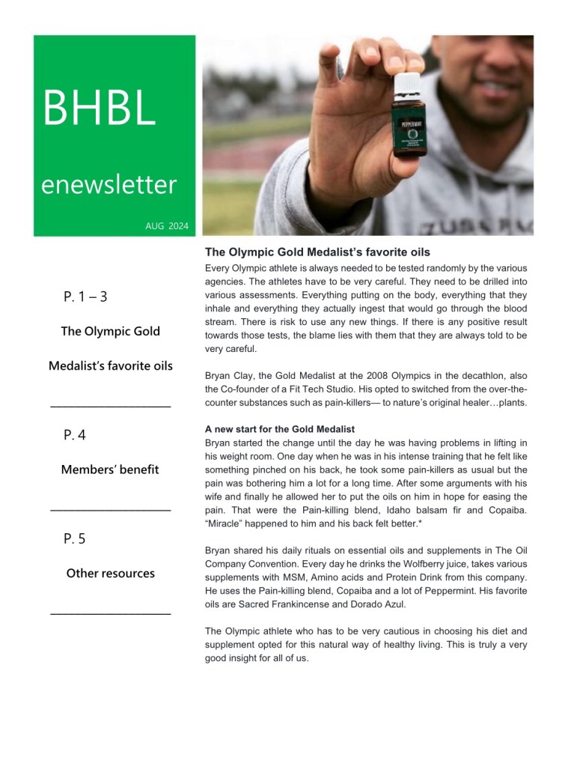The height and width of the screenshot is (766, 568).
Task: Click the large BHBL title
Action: [x=100, y=108]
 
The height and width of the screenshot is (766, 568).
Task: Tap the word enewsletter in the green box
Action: [x=109, y=184]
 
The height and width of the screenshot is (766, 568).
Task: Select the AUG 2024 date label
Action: [x=167, y=225]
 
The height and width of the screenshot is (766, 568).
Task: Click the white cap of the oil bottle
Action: [x=407, y=82]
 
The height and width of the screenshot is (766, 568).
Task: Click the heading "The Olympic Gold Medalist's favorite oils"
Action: [x=317, y=252]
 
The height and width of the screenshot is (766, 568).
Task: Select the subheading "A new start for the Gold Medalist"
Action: [x=279, y=429]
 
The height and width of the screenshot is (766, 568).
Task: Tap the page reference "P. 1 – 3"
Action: [x=85, y=297]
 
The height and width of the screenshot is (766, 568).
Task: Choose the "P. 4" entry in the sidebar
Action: [x=75, y=435]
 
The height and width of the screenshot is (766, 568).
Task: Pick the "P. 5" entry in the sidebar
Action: [x=75, y=538]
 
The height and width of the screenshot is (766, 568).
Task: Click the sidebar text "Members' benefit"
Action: [x=110, y=469]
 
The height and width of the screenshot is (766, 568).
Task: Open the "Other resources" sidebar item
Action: [x=110, y=574]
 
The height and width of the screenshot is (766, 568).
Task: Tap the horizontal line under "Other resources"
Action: [x=110, y=614]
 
